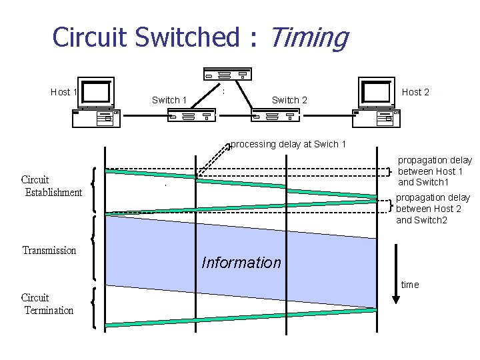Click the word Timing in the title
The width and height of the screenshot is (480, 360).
click(308, 37)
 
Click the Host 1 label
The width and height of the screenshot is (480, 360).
click(65, 92)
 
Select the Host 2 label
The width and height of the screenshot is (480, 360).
click(415, 92)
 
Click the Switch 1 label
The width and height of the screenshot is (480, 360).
click(169, 100)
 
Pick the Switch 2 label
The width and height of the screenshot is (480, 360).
click(289, 100)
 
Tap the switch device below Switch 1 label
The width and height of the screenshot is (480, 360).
click(190, 116)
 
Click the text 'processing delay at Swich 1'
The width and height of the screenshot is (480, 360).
click(288, 144)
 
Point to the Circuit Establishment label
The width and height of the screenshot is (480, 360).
click(51, 186)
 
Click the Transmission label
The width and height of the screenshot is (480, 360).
click(49, 251)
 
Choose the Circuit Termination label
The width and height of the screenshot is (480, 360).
click(47, 304)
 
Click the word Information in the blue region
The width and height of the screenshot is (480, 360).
click(241, 263)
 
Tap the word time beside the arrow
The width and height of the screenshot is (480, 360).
click(410, 285)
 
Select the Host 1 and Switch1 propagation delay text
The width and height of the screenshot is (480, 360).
click(435, 171)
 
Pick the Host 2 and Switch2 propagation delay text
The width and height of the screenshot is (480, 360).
click(433, 209)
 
